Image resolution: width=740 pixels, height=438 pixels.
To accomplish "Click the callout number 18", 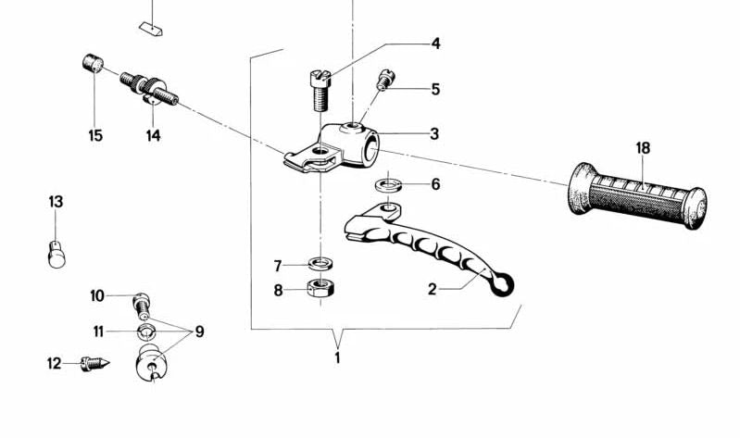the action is click(643, 148).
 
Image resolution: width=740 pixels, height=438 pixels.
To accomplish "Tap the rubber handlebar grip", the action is click(638, 195).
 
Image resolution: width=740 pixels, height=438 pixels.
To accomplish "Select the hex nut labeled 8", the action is click(321, 286).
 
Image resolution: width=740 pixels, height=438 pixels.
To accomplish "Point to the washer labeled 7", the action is click(320, 263).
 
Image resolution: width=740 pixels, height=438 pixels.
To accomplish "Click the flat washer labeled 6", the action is click(388, 185).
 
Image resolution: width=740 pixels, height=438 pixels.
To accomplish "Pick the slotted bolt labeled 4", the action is click(320, 90).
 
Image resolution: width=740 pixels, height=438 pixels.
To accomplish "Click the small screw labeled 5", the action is click(385, 80).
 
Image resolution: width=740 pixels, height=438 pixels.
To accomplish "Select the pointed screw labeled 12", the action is click(94, 363).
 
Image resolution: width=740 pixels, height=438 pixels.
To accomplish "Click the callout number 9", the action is click(200, 332).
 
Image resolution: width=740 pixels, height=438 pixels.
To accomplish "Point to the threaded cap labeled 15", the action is click(93, 64).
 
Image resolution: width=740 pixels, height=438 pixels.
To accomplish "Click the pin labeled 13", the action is click(56, 255).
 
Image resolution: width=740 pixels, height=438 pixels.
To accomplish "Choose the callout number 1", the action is click(337, 357).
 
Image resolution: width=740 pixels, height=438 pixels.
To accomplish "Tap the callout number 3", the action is click(434, 134).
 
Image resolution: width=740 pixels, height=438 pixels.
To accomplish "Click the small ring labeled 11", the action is click(145, 332).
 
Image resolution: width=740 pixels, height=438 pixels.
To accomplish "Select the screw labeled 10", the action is click(142, 306).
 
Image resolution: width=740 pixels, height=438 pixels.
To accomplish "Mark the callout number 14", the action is click(153, 136).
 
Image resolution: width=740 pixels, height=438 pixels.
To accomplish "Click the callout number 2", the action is click(433, 289).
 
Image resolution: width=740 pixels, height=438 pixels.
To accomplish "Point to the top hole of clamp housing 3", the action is click(353, 126).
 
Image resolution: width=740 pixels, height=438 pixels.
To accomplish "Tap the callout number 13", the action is click(56, 202).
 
